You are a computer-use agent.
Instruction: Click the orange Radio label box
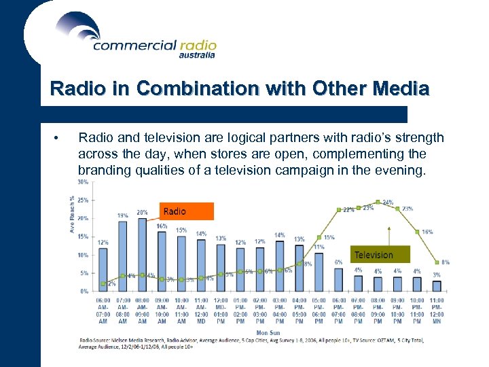point(186,211)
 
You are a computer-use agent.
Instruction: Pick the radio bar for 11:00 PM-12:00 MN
point(437,285)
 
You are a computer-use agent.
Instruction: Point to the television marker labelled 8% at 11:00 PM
point(437,262)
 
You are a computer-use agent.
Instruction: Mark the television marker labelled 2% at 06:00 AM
point(103,283)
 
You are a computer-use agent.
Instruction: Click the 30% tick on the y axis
point(82,182)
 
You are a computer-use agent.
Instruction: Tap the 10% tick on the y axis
point(82,255)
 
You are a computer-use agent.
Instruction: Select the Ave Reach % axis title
point(72,214)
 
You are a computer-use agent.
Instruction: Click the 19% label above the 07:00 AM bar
point(122,215)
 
